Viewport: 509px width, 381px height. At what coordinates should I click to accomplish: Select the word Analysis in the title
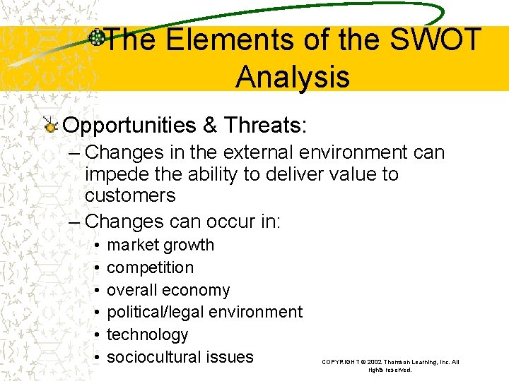click(x=292, y=76)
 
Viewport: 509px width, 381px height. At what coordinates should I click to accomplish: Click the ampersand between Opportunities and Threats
click(x=210, y=126)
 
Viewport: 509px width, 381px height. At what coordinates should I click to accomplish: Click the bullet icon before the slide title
click(x=97, y=39)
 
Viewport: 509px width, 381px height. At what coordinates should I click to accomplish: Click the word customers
click(x=130, y=195)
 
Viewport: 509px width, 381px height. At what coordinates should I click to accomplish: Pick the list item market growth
click(x=160, y=245)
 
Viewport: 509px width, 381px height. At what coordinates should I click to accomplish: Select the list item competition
click(x=150, y=267)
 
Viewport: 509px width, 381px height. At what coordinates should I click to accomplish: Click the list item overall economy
click(x=168, y=290)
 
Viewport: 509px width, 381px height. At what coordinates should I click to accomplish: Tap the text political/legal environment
click(x=204, y=312)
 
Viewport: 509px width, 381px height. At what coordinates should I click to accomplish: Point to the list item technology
click(x=147, y=334)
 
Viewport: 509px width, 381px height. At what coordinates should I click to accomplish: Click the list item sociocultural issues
click(x=180, y=356)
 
